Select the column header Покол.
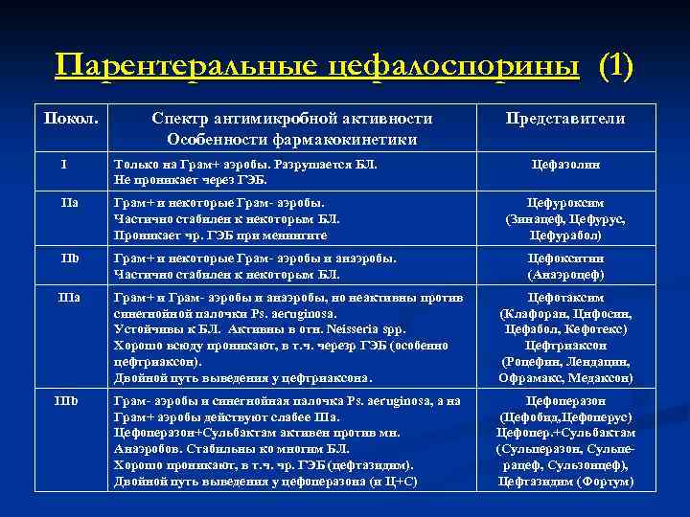click(68, 118)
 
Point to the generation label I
click(63, 164)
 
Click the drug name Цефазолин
click(566, 165)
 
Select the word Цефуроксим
click(565, 203)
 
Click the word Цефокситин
click(565, 258)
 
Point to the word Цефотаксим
click(565, 298)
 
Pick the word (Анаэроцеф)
click(565, 274)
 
